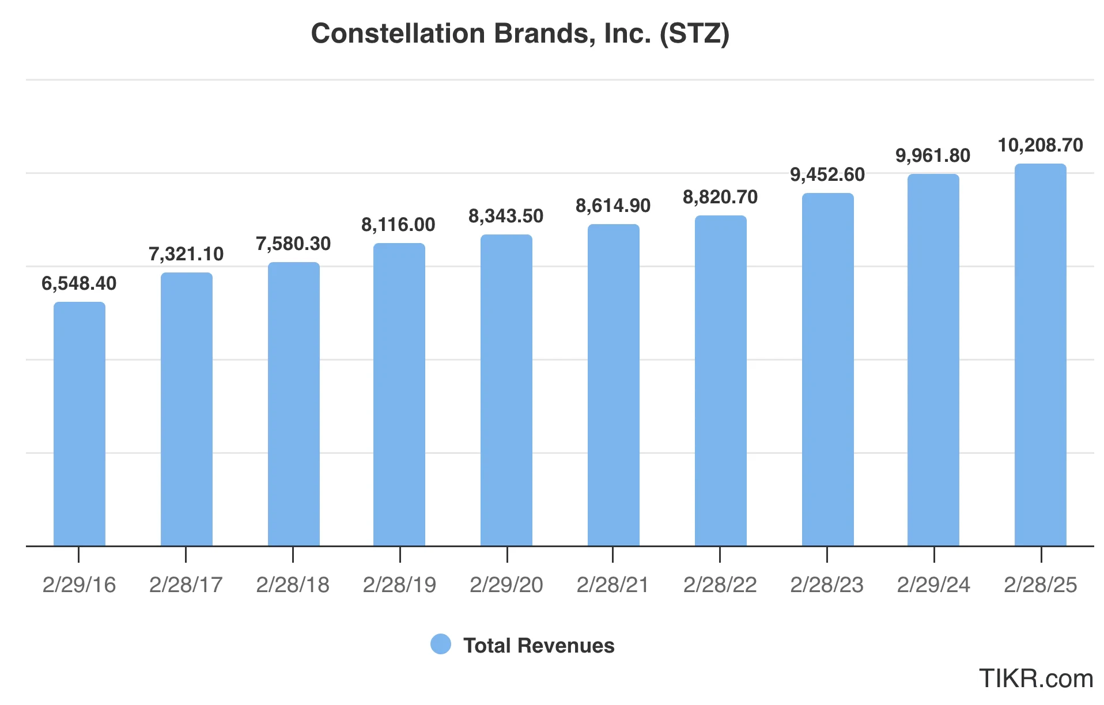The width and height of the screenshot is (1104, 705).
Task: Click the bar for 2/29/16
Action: coord(80,423)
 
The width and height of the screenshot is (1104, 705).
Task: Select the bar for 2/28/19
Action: coord(399,395)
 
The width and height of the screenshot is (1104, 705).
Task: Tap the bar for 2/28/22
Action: coord(720,380)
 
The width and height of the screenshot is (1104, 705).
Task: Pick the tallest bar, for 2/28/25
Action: coord(1040,354)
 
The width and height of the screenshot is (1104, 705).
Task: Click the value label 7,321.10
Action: coord(186,254)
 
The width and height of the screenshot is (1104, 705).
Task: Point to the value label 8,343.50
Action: coord(506,216)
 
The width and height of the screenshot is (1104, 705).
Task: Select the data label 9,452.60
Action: coord(827,175)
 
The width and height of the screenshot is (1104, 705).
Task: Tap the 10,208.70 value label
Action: coord(1040,145)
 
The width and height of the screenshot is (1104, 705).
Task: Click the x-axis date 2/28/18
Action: coord(293,585)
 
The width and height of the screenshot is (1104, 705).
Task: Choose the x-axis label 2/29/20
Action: coord(506,585)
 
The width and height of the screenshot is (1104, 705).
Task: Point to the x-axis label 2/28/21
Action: coord(613,585)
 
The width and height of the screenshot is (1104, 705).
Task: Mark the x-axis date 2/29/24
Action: coord(933,585)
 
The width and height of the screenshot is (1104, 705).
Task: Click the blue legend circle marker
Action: coord(441,645)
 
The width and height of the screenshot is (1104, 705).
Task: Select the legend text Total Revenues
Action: coord(539,646)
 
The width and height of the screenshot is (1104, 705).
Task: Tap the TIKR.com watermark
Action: coord(1035,679)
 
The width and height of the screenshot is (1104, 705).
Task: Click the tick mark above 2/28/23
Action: coord(827,555)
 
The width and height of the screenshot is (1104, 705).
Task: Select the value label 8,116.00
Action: coord(398,225)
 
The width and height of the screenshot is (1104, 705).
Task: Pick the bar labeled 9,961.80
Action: coord(933,360)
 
